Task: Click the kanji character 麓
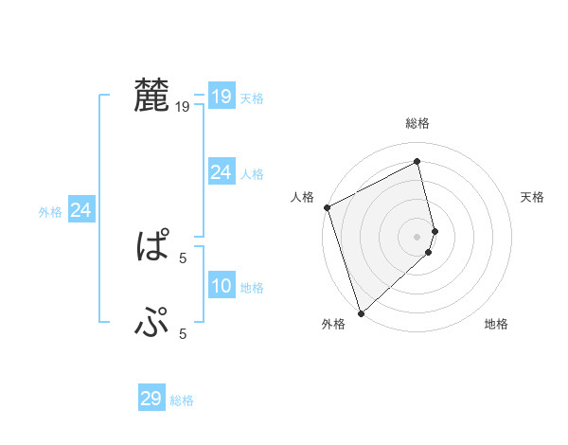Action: click(x=151, y=96)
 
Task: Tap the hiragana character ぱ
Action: click(x=151, y=248)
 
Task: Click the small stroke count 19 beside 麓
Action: click(x=183, y=107)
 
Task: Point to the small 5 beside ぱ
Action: click(x=183, y=257)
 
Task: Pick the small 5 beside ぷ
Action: click(x=183, y=333)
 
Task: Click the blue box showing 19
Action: click(x=221, y=97)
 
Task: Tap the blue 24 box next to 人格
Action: click(x=221, y=172)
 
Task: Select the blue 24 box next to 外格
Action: click(x=81, y=210)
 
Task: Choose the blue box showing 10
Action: click(x=221, y=286)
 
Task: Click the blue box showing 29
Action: click(x=151, y=399)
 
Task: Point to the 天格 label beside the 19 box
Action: click(x=252, y=98)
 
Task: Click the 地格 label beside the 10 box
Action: click(x=252, y=288)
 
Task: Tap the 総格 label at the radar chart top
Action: click(x=417, y=123)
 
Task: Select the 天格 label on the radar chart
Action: click(x=532, y=197)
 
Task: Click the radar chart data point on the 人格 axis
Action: click(x=327, y=207)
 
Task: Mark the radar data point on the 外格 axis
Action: click(x=361, y=311)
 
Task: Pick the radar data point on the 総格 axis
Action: click(x=417, y=161)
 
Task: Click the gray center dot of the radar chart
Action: click(x=417, y=236)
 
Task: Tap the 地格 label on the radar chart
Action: click(x=496, y=325)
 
